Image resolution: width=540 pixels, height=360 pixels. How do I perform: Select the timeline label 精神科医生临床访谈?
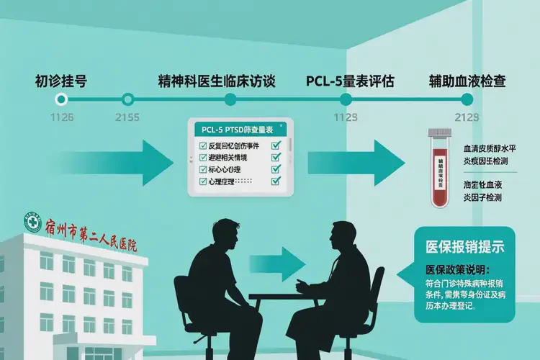click(x=216, y=80)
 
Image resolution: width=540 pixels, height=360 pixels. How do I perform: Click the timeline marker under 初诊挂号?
click(x=62, y=99)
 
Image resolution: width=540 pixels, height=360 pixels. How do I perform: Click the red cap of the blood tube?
click(x=438, y=135)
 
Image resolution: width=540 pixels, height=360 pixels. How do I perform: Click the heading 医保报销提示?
click(x=466, y=246)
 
